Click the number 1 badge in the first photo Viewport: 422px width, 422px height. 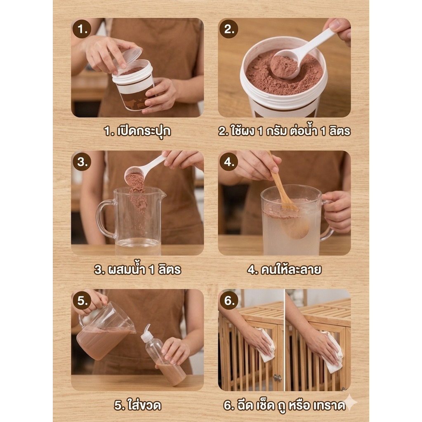[x=82, y=29]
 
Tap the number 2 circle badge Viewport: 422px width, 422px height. [x=229, y=29]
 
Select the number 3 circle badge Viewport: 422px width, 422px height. [x=82, y=162]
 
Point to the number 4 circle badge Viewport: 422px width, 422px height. [x=229, y=162]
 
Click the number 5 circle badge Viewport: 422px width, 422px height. [x=82, y=300]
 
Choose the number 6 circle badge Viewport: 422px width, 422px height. [x=229, y=300]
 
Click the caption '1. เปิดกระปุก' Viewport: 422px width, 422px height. [x=137, y=131]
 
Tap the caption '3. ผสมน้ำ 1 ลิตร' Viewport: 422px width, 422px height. [x=137, y=269]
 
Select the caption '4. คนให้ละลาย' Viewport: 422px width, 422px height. [x=284, y=269]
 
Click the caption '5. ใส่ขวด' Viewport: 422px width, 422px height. [x=137, y=405]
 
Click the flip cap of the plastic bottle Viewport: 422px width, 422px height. [x=146, y=334]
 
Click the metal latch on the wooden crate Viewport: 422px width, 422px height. [x=278, y=378]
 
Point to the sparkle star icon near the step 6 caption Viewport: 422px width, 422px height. [x=349, y=402]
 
